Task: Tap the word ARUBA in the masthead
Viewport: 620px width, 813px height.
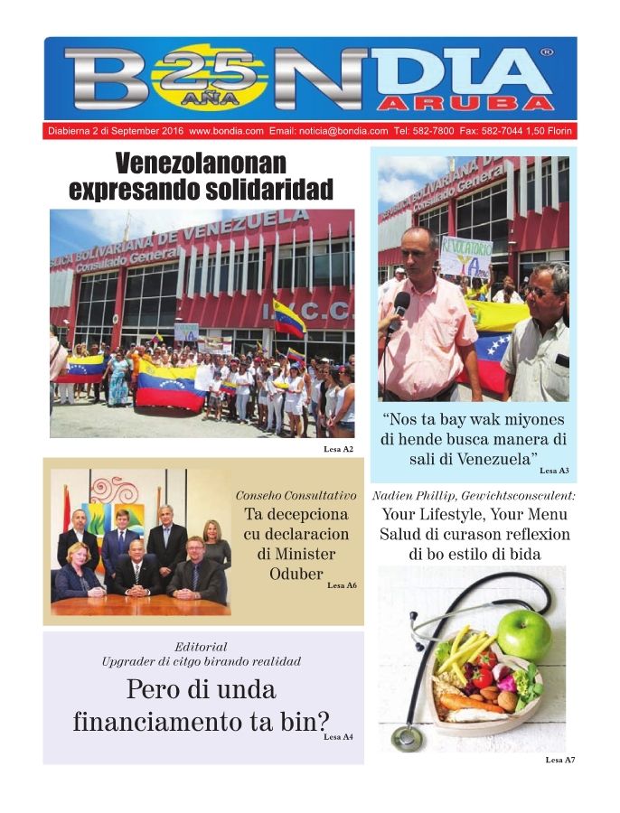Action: [x=492, y=103]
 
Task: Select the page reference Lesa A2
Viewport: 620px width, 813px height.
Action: [x=338, y=449]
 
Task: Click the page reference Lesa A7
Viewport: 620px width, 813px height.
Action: [x=559, y=760]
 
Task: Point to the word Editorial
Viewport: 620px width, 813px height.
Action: [x=201, y=647]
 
